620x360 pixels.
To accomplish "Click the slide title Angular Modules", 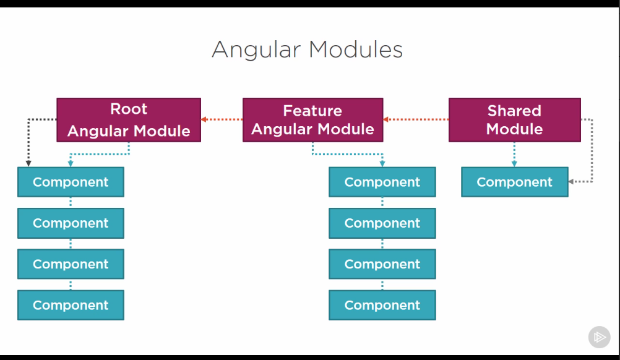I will click(x=307, y=49).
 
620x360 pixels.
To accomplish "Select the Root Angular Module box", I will click(x=129, y=120).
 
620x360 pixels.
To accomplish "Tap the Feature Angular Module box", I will click(x=312, y=120).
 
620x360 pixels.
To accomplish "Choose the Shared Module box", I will click(x=514, y=120).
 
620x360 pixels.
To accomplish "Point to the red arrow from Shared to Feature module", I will click(x=416, y=119).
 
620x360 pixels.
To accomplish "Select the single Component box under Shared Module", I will click(x=514, y=182).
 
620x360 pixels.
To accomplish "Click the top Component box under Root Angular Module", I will click(x=71, y=182).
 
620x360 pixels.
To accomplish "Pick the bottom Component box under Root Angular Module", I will click(x=71, y=305).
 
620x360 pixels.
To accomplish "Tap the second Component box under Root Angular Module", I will click(x=71, y=223).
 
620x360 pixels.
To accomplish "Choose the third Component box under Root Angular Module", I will click(x=71, y=264).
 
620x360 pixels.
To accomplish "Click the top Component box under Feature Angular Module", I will click(x=382, y=182).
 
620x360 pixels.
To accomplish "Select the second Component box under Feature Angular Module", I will click(x=382, y=223).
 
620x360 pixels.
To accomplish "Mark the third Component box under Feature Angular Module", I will click(x=382, y=264).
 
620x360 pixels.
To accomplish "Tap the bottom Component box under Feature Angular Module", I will click(x=382, y=305).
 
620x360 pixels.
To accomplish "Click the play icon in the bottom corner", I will click(x=599, y=337).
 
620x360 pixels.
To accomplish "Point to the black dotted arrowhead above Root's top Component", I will click(x=28, y=163).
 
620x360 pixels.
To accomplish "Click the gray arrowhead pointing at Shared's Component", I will click(x=572, y=182).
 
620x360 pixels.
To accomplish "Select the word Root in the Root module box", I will click(x=129, y=109).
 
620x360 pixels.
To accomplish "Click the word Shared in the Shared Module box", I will click(x=514, y=111).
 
